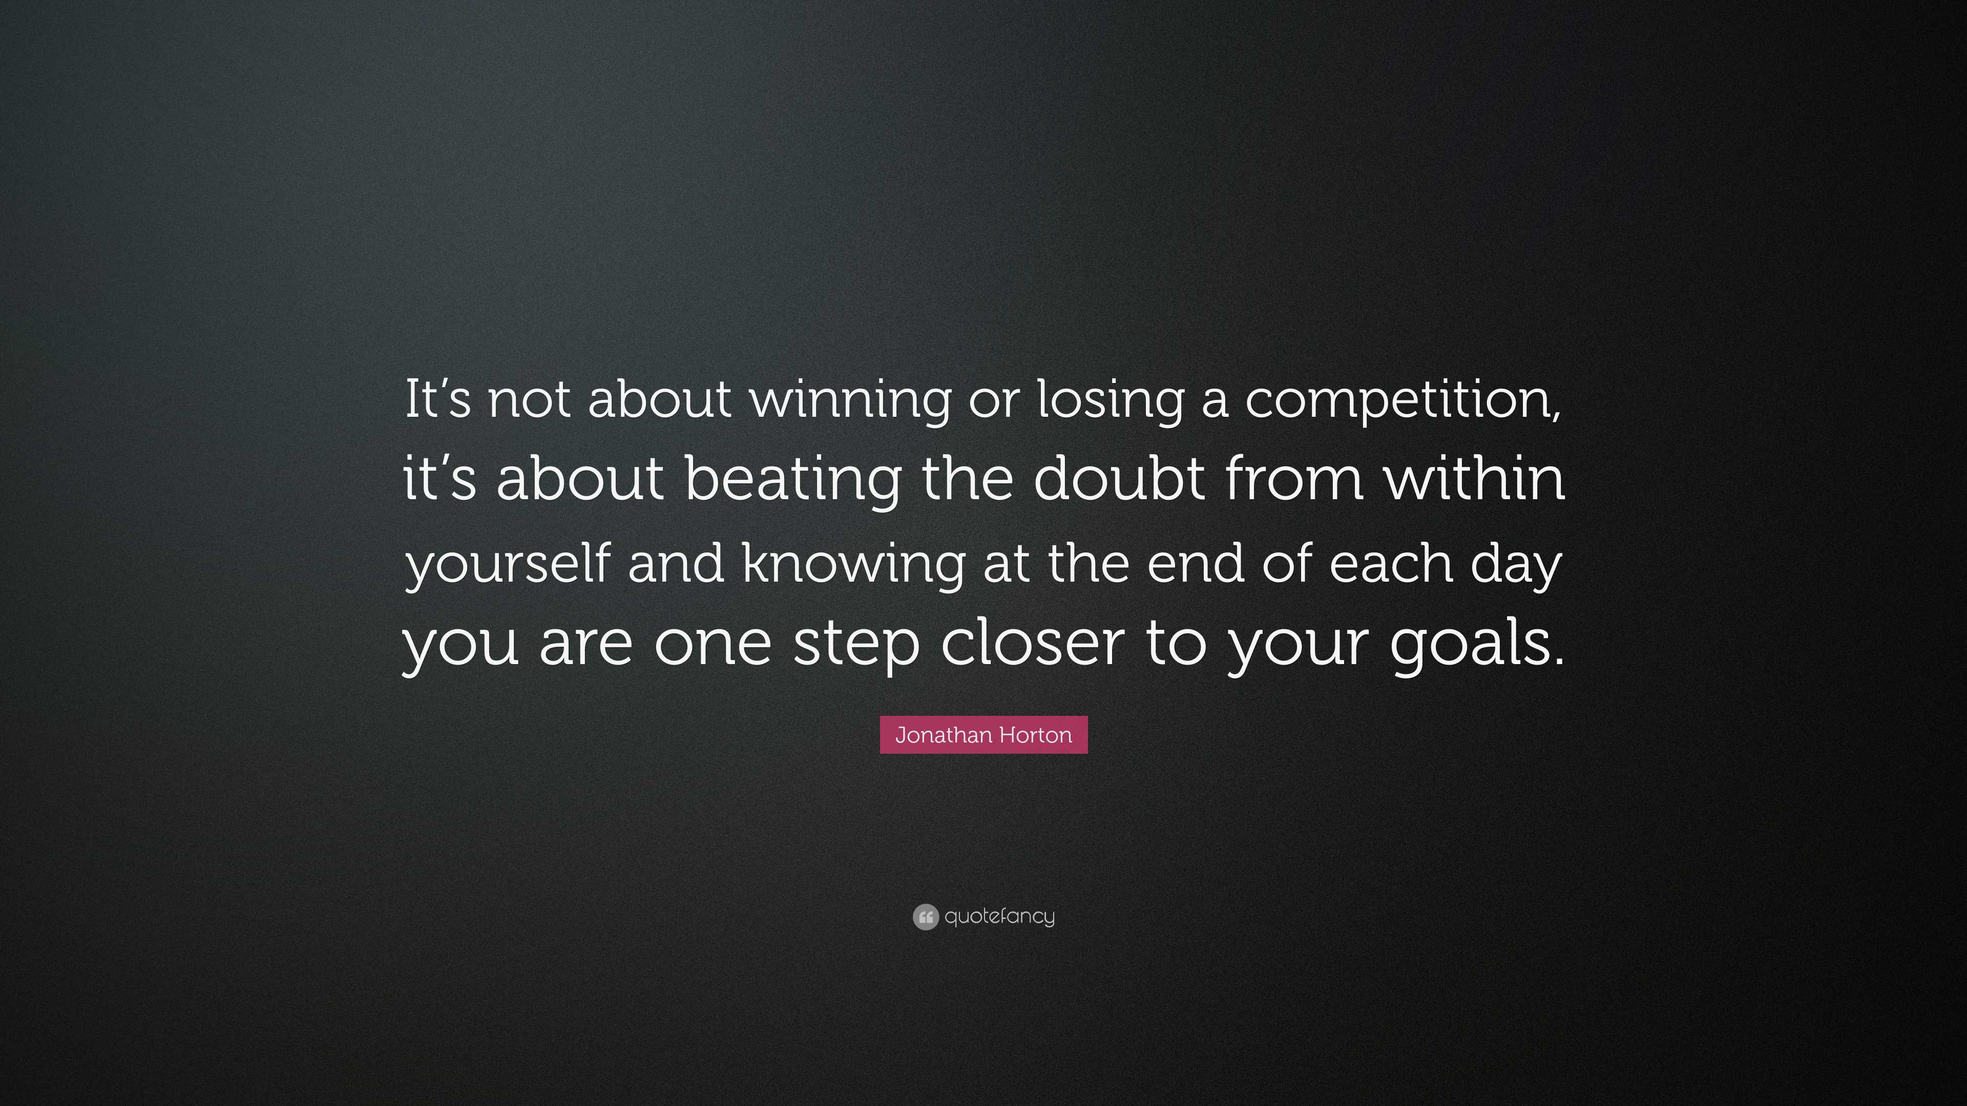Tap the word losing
tap(1110, 400)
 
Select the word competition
tap(1404, 400)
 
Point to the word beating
tap(792, 481)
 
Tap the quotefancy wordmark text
tap(999, 917)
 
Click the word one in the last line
tap(713, 644)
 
